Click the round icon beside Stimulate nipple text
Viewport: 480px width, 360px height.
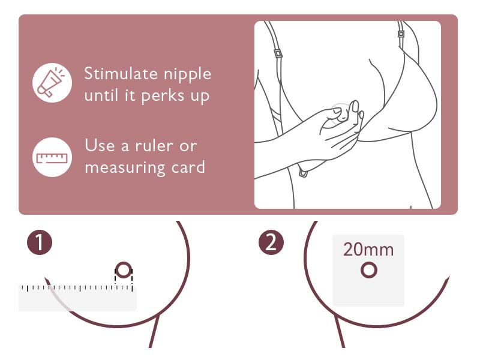pos(52,83)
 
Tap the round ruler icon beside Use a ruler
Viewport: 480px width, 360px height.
pos(52,157)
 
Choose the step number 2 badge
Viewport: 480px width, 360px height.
pos(271,243)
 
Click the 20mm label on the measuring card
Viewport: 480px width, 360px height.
pos(368,250)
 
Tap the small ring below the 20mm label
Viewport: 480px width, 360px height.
pos(369,271)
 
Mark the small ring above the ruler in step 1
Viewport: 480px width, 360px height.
pos(124,271)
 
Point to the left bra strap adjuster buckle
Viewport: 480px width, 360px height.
pos(278,53)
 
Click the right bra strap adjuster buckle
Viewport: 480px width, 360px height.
pos(401,34)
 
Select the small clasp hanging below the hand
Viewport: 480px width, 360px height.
pos(304,173)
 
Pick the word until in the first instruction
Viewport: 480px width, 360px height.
pos(103,96)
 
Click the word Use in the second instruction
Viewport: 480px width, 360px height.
pos(98,146)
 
